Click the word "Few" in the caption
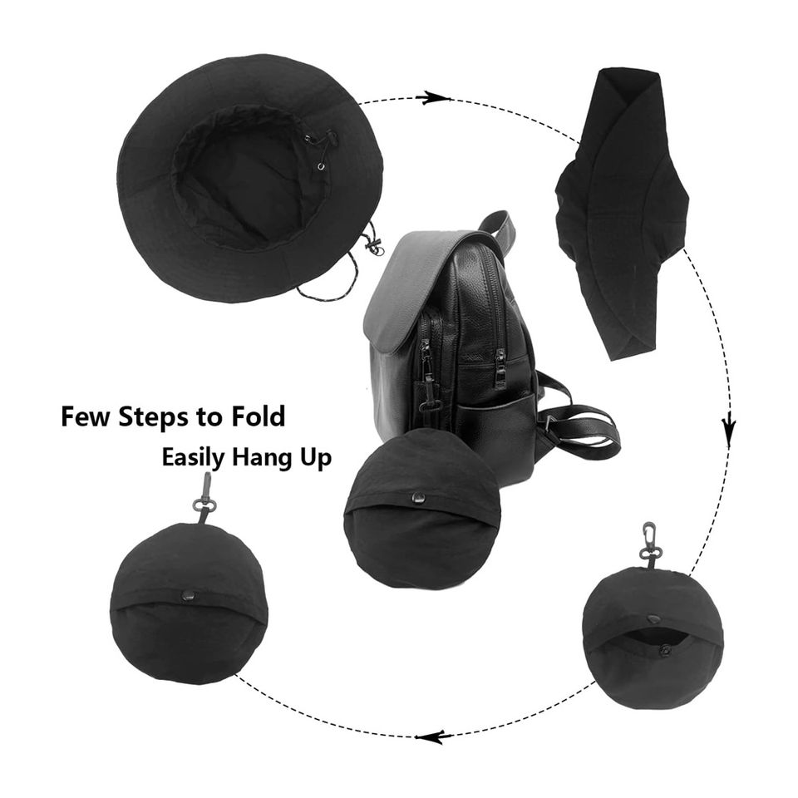point(85,416)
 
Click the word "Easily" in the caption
point(193,458)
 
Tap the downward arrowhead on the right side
point(729,421)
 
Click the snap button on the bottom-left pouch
point(189,594)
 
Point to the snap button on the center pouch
point(421,498)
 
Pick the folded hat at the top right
point(623,214)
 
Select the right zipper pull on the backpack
point(500,367)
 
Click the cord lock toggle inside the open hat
point(330,138)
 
